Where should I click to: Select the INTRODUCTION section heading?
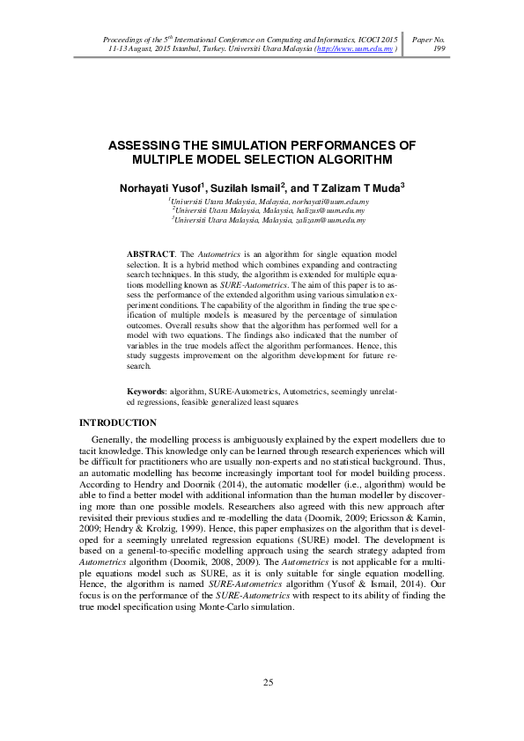(120, 423)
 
